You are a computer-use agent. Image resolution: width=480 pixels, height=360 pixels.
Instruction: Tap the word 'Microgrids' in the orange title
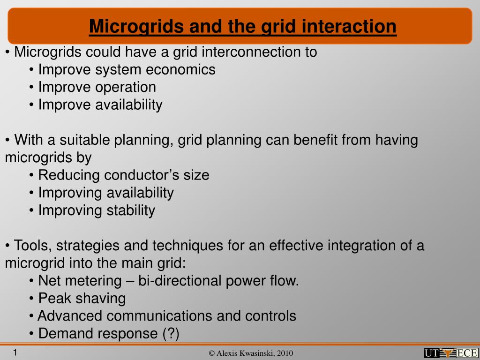click(137, 27)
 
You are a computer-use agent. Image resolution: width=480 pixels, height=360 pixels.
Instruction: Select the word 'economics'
click(180, 69)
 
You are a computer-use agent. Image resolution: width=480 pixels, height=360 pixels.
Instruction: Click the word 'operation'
click(126, 88)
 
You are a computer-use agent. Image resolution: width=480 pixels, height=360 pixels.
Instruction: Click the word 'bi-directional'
click(180, 281)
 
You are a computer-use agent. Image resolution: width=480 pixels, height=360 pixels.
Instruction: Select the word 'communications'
click(159, 316)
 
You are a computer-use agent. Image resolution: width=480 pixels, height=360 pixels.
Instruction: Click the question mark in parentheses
click(171, 333)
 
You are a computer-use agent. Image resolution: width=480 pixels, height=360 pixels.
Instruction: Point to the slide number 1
click(15, 352)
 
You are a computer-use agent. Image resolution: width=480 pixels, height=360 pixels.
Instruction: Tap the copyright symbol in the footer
click(211, 353)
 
